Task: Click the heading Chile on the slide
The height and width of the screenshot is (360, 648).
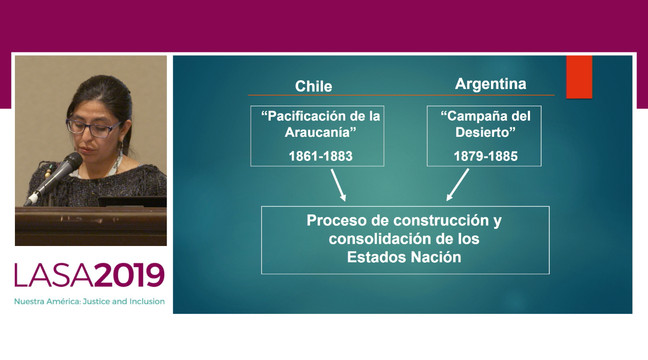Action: coord(314,86)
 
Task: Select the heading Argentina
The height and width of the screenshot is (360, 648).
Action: coord(490,84)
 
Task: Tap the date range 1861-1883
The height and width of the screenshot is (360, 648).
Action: coord(321,156)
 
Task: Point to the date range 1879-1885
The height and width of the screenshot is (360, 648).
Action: coord(486,156)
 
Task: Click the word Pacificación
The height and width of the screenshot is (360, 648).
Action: coord(303,116)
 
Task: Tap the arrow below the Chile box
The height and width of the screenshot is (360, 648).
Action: coord(338,185)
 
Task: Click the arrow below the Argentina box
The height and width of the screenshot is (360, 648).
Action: coord(457,185)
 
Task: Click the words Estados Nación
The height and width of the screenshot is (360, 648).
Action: coord(404,257)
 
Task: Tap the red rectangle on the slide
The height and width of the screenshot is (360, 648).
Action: coord(579,77)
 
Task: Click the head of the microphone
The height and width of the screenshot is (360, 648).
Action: coord(73,161)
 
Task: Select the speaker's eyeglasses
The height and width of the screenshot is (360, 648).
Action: coord(93,128)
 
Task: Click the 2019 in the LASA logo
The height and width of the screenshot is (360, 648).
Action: coord(129,274)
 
